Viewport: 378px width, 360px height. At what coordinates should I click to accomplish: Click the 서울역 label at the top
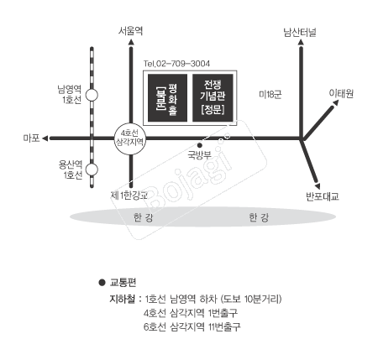tap(130, 30)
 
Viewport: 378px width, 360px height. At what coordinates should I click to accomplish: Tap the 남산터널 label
tap(300, 32)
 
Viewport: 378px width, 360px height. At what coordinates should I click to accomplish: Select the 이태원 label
tap(341, 93)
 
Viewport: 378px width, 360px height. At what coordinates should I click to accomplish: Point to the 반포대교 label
tap(323, 196)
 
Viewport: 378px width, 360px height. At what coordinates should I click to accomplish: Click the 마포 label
tap(31, 138)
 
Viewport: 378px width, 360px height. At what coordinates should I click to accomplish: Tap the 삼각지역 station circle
tap(130, 138)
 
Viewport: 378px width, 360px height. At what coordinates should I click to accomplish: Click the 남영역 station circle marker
tap(92, 95)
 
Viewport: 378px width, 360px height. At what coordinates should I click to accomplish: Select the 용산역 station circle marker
tap(92, 170)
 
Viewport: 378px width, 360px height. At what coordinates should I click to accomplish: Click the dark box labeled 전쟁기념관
tap(213, 98)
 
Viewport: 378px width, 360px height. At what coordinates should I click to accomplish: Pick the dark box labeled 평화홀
tap(167, 98)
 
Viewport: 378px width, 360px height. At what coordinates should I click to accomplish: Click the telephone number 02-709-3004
tap(183, 64)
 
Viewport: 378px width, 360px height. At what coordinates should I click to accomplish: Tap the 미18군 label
tap(270, 95)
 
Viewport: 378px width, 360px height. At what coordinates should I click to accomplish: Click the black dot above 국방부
tap(200, 145)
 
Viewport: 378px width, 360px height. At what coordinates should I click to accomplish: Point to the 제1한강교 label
tap(129, 195)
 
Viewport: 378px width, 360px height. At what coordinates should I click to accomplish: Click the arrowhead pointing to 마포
tap(45, 138)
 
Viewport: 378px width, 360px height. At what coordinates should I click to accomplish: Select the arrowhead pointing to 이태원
tap(336, 102)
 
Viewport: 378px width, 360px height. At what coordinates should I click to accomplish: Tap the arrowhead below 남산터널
tap(301, 42)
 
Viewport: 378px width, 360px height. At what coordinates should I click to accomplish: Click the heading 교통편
tap(123, 283)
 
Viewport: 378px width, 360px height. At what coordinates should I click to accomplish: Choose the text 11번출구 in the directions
tap(224, 326)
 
